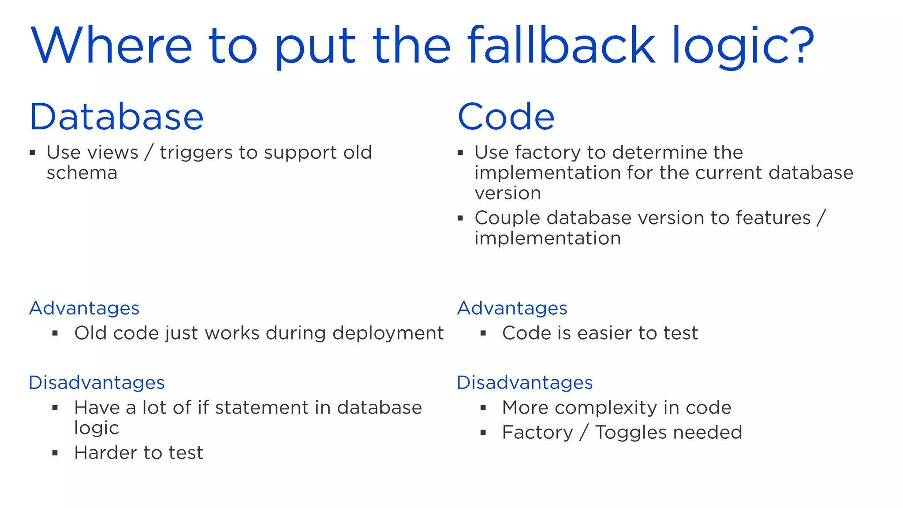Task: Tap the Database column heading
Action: tap(116, 117)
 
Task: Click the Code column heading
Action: tap(506, 117)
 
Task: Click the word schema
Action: tap(82, 173)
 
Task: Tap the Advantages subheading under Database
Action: tap(84, 308)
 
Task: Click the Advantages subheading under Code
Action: tap(512, 308)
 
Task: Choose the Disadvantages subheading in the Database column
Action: tap(97, 383)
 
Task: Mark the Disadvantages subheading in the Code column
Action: tap(525, 383)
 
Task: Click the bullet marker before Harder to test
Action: tap(55, 453)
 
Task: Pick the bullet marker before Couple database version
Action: tap(460, 218)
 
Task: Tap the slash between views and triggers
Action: tap(149, 153)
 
